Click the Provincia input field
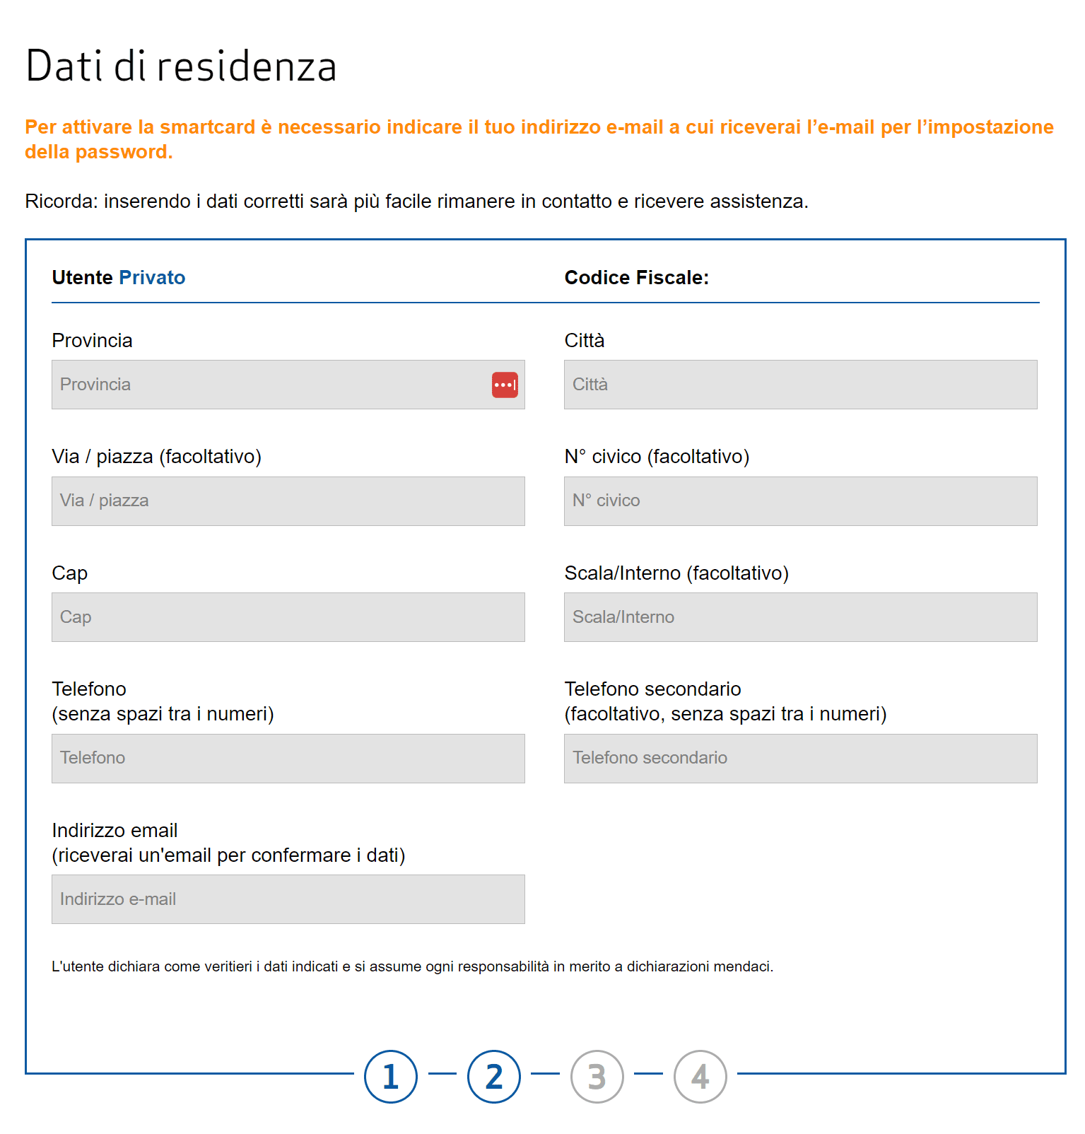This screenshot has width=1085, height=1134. click(x=269, y=385)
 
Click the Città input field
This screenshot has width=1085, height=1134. click(x=800, y=385)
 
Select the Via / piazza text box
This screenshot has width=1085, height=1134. click(x=288, y=501)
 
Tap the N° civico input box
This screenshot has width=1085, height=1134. click(x=800, y=501)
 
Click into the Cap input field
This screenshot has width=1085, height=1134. click(x=288, y=617)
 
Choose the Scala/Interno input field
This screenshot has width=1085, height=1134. click(x=800, y=617)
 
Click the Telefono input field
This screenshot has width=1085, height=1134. click(x=288, y=759)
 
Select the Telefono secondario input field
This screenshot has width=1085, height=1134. click(x=800, y=759)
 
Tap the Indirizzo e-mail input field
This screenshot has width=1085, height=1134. click(x=288, y=899)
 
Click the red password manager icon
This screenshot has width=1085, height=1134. click(x=505, y=385)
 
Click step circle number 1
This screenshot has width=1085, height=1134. click(x=391, y=1077)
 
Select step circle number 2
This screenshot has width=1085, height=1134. click(x=494, y=1077)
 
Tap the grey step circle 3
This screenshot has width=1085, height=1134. click(x=597, y=1077)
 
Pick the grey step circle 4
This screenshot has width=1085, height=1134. click(x=700, y=1077)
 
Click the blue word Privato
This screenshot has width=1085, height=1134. click(x=152, y=278)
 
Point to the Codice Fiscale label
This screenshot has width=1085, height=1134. click(x=636, y=278)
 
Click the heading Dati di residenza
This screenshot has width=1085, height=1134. click(x=181, y=66)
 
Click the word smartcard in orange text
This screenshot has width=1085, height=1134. click(x=207, y=127)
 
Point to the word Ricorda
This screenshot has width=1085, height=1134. click(x=61, y=201)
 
